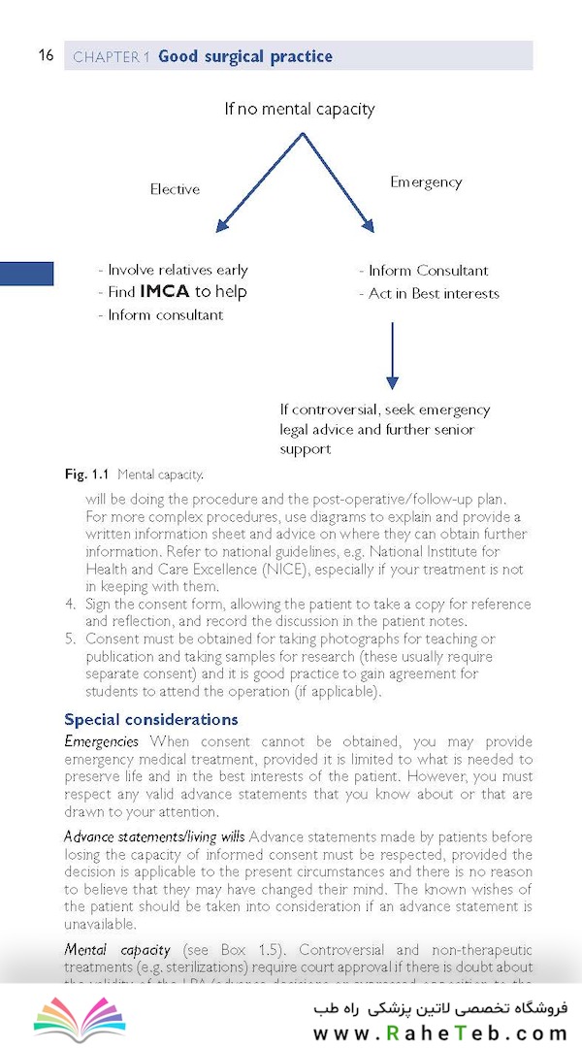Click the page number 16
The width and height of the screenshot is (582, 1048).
pos(46,55)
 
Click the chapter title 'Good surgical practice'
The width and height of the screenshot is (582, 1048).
pos(244,56)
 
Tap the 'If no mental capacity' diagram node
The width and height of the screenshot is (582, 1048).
pos(299,109)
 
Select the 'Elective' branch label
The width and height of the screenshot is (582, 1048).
pos(175,189)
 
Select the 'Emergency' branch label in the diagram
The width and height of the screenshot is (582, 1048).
pos(426,181)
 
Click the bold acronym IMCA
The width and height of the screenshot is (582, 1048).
pos(165,292)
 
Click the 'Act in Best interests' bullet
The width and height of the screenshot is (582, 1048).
pos(434,293)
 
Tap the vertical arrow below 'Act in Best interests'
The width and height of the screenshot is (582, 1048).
pos(392,354)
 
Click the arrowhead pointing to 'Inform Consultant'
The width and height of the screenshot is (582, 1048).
pos(368,226)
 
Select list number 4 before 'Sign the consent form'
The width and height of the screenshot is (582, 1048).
pos(70,604)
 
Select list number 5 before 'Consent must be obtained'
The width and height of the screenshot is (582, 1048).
pos(70,639)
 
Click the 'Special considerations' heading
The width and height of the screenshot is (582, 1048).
pos(150,720)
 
